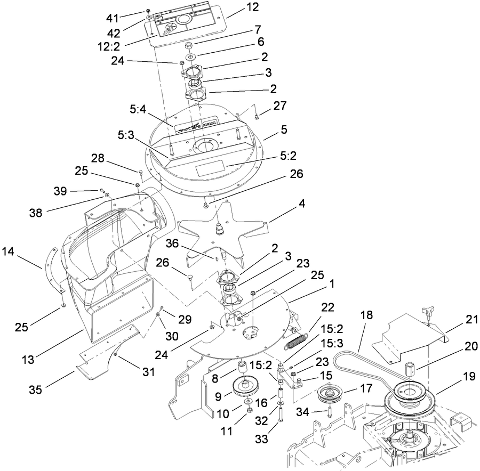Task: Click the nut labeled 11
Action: [249, 411]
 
